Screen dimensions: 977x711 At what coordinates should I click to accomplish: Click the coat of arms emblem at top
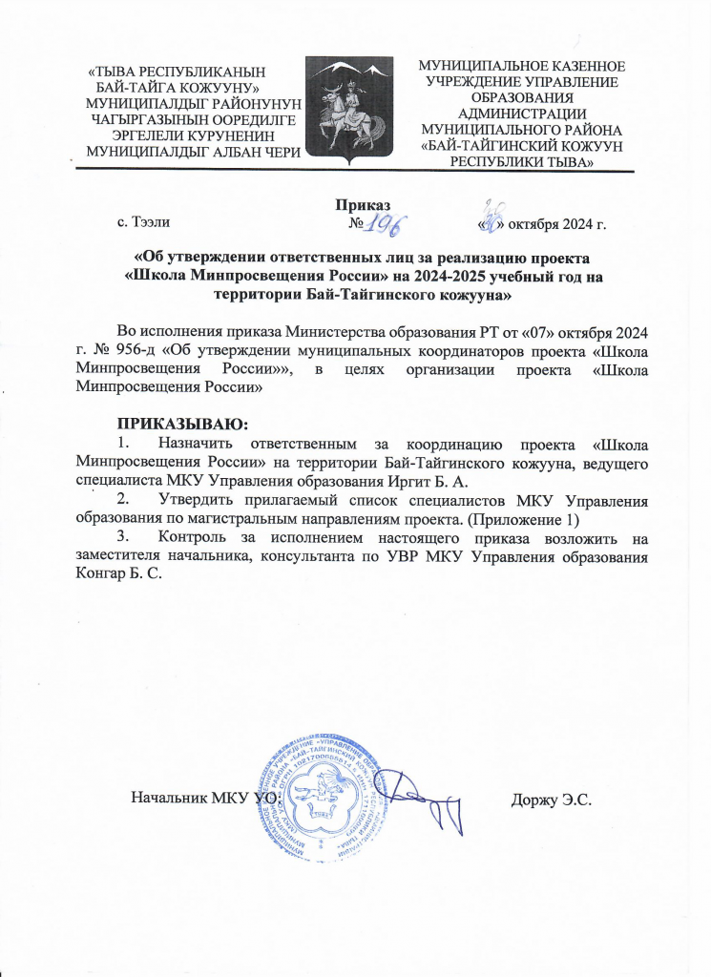click(x=355, y=107)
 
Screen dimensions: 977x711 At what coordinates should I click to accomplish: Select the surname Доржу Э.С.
click(x=552, y=797)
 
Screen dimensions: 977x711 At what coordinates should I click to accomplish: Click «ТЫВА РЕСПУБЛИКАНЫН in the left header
click(x=177, y=70)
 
